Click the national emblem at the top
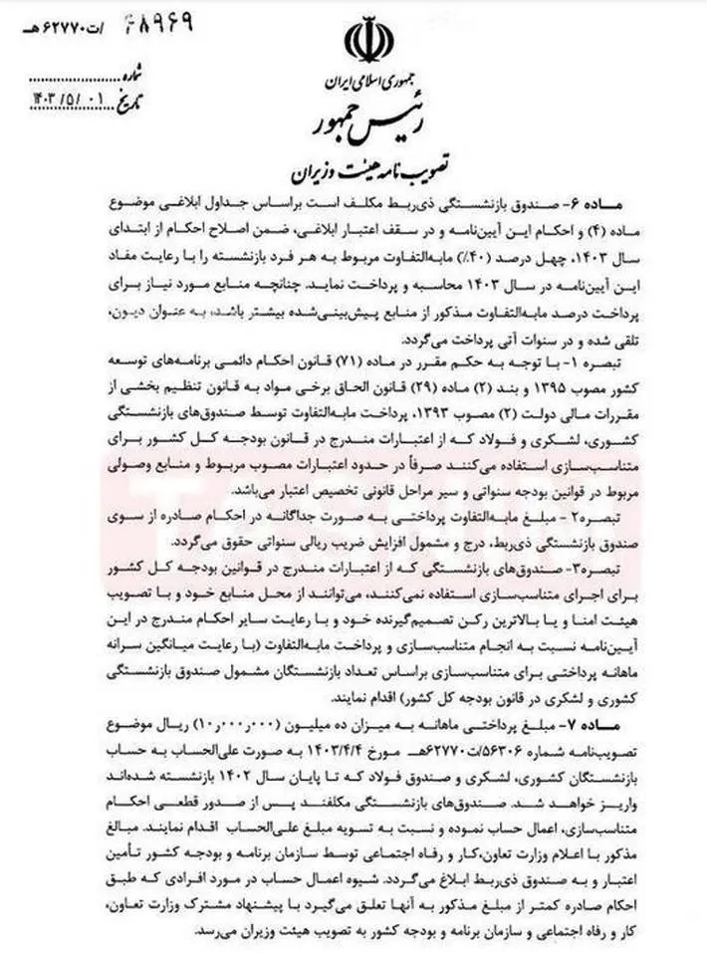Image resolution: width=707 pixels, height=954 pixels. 360,40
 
